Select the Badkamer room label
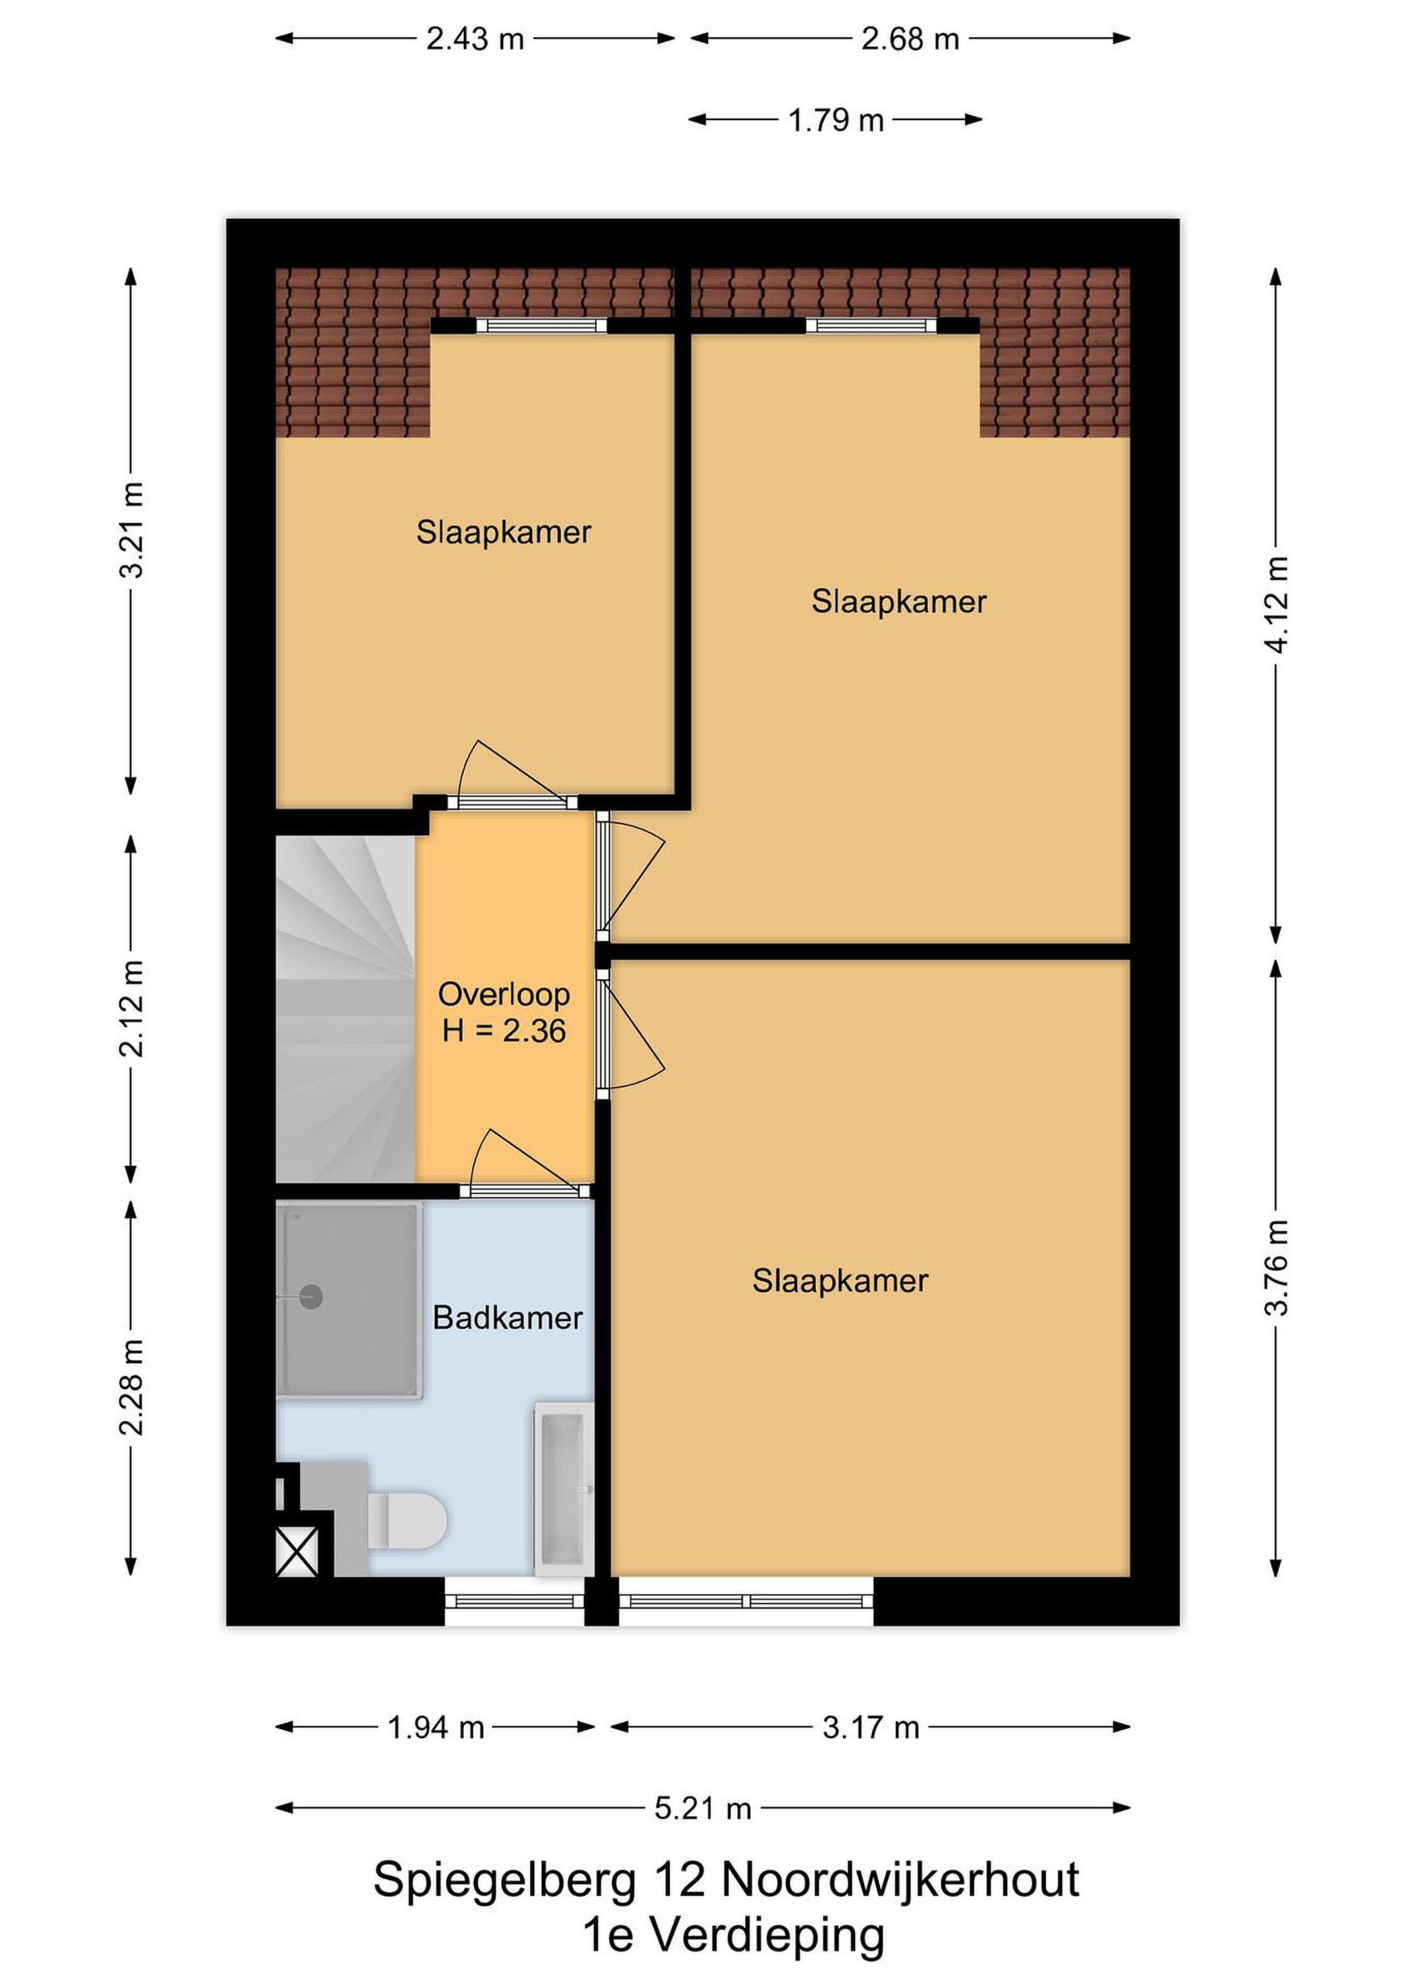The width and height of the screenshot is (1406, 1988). [x=507, y=1318]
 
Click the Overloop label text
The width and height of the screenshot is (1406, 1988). [x=504, y=994]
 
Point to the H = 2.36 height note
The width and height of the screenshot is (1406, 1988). [x=504, y=1031]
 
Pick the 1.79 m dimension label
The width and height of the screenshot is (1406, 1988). [x=835, y=120]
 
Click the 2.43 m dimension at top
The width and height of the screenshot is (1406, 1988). [x=476, y=39]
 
